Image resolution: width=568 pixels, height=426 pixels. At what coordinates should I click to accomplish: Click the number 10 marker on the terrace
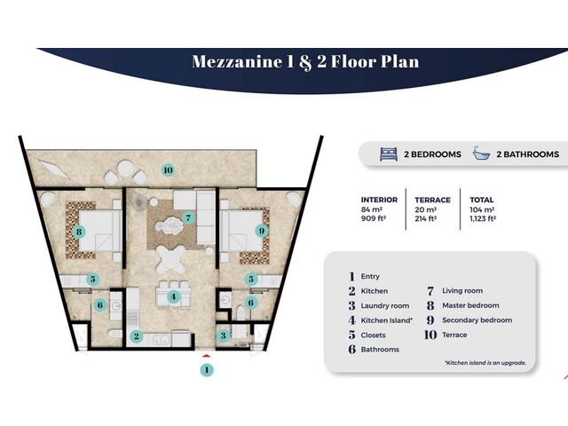[x=168, y=170]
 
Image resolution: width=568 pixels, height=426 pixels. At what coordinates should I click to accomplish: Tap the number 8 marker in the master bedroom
[x=79, y=231]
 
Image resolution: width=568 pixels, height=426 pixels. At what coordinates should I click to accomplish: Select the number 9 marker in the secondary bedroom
[x=262, y=231]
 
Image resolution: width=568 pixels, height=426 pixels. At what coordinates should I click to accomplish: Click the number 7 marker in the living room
[x=188, y=218]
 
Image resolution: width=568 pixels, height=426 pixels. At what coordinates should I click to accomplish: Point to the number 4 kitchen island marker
[x=174, y=297]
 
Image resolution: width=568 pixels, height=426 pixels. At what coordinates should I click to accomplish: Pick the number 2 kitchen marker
[x=136, y=336]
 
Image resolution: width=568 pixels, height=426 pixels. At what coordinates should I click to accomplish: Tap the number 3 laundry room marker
[x=223, y=335]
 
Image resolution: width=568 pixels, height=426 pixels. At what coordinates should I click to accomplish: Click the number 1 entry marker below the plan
[x=207, y=370]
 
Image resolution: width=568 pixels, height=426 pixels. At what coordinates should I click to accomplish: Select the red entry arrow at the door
[x=206, y=356]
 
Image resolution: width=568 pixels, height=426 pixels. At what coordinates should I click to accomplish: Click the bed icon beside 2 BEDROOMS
[x=389, y=154]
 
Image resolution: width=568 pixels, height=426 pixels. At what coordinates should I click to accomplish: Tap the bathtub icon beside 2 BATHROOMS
[x=481, y=154]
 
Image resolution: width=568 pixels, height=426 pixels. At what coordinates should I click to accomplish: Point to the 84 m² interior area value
[x=372, y=209]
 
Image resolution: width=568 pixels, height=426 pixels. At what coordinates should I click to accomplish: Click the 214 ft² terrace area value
[x=425, y=218]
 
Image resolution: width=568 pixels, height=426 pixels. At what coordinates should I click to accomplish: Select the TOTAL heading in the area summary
[x=482, y=200]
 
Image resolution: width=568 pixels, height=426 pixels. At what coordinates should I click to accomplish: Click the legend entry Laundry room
[x=384, y=305]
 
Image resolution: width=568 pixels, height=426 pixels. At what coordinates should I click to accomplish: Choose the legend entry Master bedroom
[x=470, y=305]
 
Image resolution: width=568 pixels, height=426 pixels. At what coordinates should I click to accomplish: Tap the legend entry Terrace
[x=454, y=335]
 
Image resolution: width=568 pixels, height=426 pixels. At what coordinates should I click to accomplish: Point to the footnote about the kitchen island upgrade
[x=485, y=363]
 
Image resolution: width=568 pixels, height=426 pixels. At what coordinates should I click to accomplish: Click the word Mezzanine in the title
[x=237, y=61]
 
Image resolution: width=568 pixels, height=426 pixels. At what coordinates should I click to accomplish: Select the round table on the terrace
[x=125, y=168]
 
